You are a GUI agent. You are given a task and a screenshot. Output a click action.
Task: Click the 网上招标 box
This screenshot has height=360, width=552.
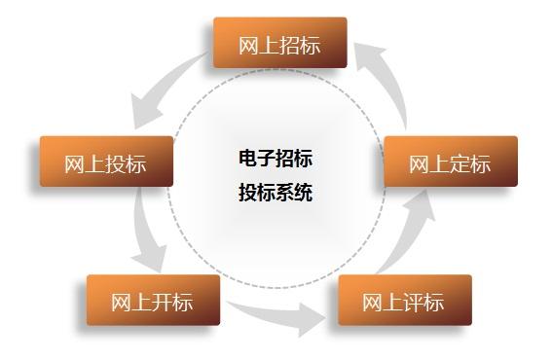click(279, 43)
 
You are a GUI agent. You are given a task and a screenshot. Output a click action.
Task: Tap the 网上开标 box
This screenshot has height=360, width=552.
click(153, 300)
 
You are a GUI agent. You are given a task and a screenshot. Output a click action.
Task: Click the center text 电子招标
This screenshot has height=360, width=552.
click(276, 158)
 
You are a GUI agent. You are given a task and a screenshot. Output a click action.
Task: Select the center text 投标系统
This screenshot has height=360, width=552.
click(276, 192)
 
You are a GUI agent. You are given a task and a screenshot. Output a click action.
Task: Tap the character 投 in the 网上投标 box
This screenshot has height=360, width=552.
click(116, 163)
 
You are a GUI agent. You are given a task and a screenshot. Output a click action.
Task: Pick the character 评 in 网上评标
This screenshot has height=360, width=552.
click(414, 302)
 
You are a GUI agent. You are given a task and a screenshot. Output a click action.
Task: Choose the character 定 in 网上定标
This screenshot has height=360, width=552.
click(460, 163)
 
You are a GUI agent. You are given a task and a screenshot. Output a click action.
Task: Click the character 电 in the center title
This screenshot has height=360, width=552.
click(247, 158)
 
